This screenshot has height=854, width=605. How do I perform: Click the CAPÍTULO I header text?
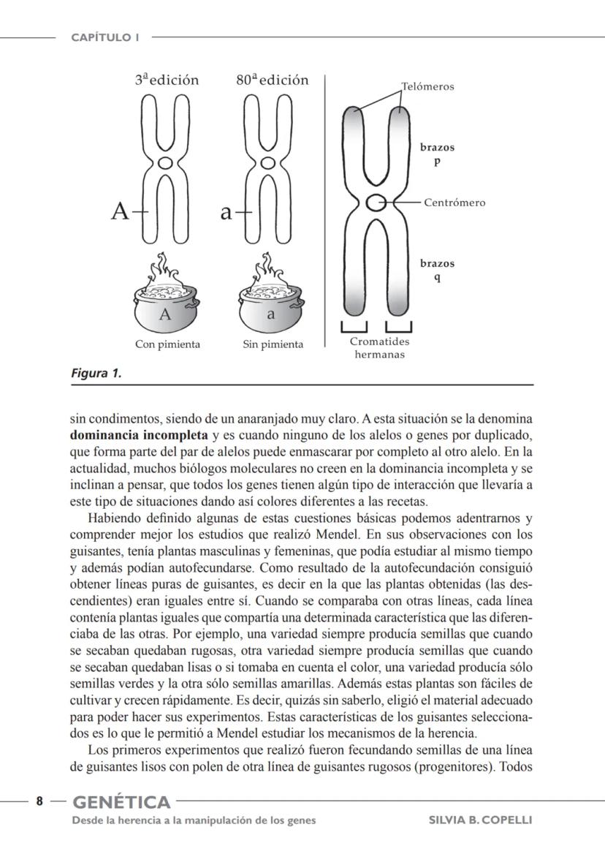105,37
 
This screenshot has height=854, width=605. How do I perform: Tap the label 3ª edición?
167,80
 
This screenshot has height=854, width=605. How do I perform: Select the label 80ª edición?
273,80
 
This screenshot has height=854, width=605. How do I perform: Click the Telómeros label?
427,86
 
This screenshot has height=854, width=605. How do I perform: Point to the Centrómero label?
454,203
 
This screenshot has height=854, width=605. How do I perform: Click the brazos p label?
437,154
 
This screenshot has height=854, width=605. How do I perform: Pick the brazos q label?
437,271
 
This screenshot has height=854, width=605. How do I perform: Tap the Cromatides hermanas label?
380,348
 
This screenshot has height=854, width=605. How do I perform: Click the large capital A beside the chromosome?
120,212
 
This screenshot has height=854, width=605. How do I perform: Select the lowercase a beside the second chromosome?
227,213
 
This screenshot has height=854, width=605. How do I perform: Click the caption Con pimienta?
167,344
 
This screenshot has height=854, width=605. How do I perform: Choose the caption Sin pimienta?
273,344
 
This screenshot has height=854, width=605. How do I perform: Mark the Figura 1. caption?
96,374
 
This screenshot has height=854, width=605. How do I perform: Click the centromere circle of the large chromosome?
376,203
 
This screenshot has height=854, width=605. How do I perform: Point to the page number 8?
40,801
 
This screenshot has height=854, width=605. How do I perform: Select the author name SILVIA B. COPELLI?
480,820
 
